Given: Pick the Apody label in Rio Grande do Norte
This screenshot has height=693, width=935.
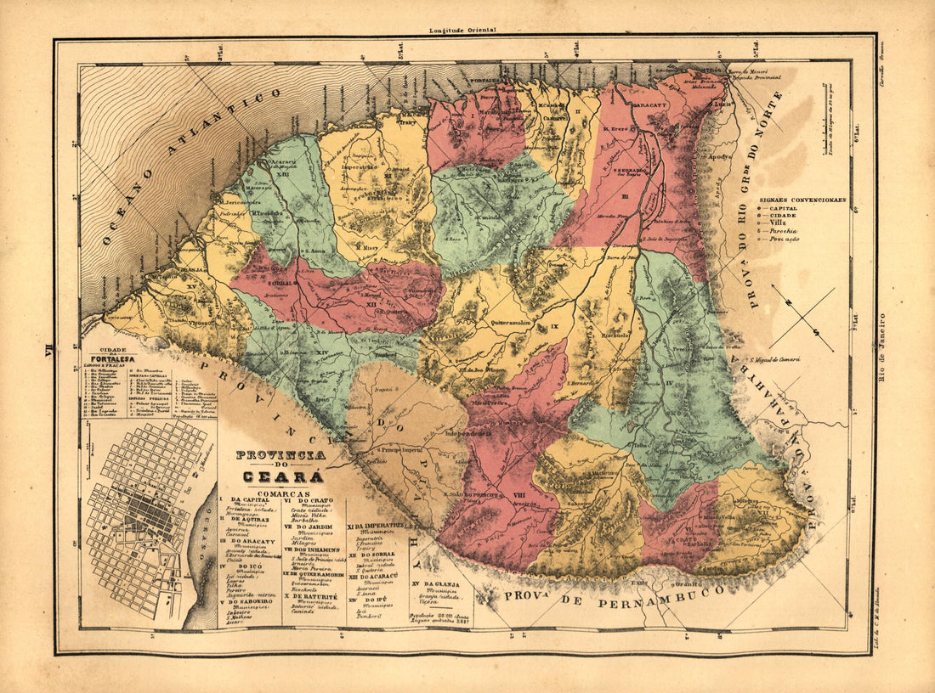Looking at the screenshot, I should point(719,158).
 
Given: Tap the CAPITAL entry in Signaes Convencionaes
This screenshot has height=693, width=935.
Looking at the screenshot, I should point(788,208).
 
